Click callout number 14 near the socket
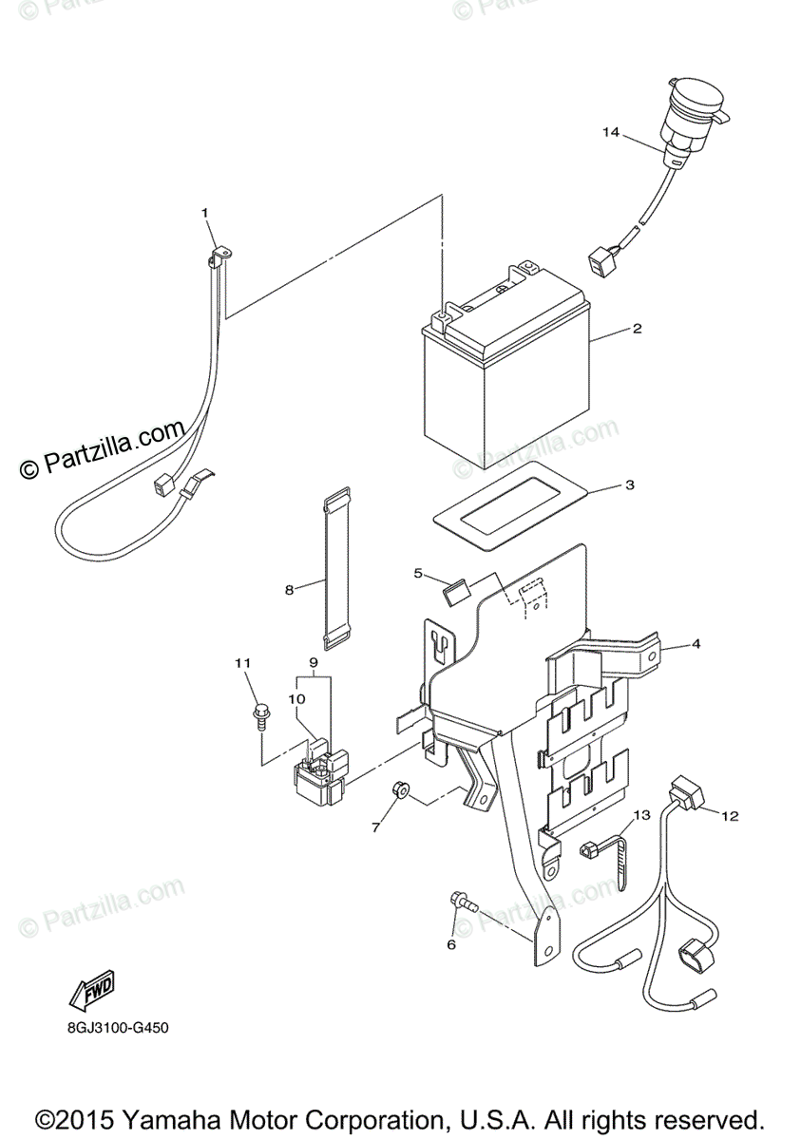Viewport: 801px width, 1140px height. coord(610,132)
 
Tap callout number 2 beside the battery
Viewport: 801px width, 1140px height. coord(638,330)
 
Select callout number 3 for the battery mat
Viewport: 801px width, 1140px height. coord(629,484)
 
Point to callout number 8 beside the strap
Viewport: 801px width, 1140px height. coord(290,589)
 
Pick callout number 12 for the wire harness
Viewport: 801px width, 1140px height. coord(729,815)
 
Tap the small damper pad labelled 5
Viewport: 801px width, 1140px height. coord(455,591)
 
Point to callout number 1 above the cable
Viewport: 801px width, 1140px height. coord(203,212)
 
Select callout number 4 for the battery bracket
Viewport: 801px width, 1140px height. coord(696,643)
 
